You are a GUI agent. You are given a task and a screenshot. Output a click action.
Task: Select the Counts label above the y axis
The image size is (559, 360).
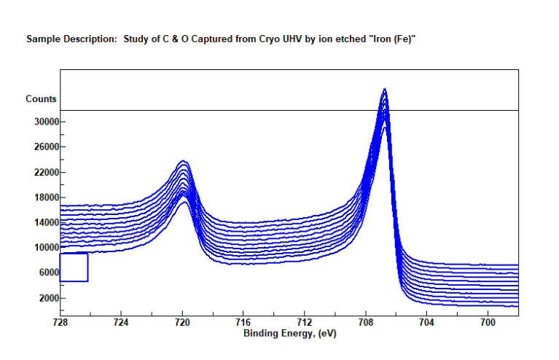click(42, 99)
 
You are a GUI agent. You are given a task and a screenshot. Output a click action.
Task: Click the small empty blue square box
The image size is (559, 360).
click(74, 267)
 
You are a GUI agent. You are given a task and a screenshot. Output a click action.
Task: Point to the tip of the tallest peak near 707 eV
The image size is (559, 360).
click(384, 90)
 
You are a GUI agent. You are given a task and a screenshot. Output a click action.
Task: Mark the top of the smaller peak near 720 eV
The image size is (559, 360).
click(183, 161)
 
